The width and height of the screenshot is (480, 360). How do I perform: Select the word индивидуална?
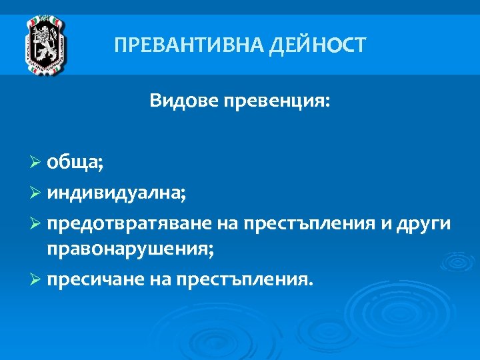pyautogui.click(x=115, y=194)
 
